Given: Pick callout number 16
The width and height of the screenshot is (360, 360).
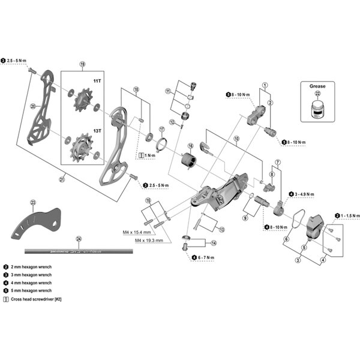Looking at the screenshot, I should (191, 146).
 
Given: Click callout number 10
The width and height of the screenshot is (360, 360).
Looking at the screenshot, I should (236, 139).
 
